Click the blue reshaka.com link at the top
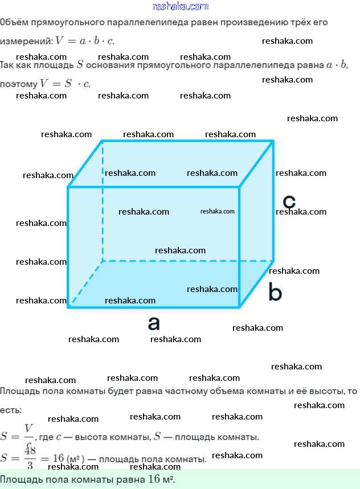coord(181,6)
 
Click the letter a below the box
coord(154,324)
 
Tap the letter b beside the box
coord(275,293)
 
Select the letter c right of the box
coord(289,202)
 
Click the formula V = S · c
coord(65,84)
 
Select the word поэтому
coord(18,84)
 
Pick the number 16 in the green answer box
coord(154,479)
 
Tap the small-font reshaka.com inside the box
coord(218,211)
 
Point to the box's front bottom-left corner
coord(68,307)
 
